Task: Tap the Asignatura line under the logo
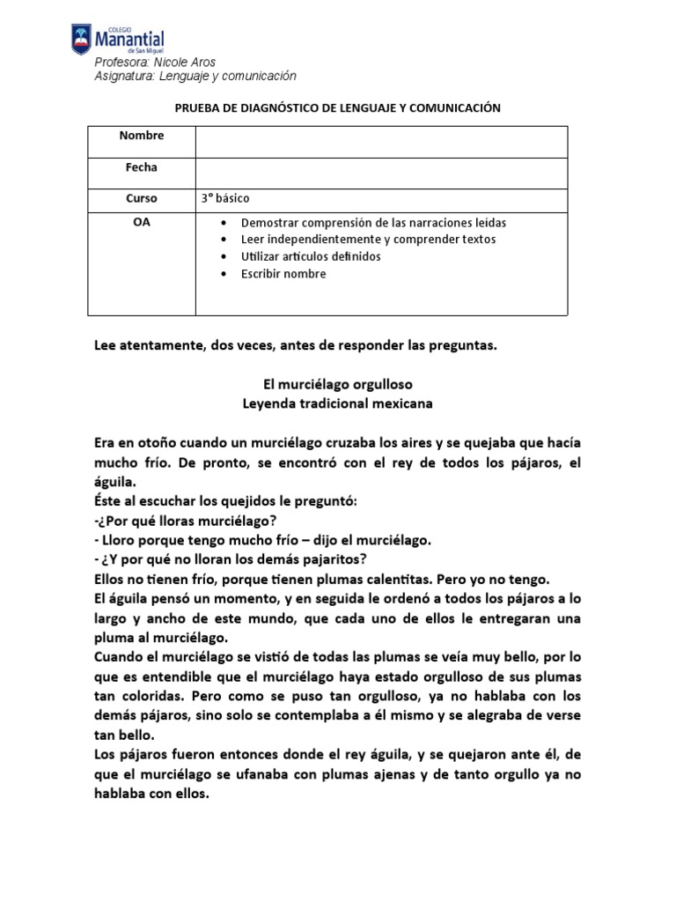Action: (x=195, y=77)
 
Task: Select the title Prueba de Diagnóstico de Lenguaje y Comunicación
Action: (x=337, y=107)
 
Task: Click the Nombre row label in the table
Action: (x=142, y=136)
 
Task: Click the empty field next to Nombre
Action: (x=380, y=142)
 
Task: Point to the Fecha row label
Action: (x=142, y=167)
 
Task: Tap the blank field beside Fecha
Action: (x=380, y=174)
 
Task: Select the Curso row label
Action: (x=142, y=199)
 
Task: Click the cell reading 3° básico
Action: (x=231, y=199)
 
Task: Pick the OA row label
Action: (x=142, y=223)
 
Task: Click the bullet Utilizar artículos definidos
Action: (x=311, y=256)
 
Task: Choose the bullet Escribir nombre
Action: (x=283, y=274)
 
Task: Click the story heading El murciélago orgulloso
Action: (x=338, y=385)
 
